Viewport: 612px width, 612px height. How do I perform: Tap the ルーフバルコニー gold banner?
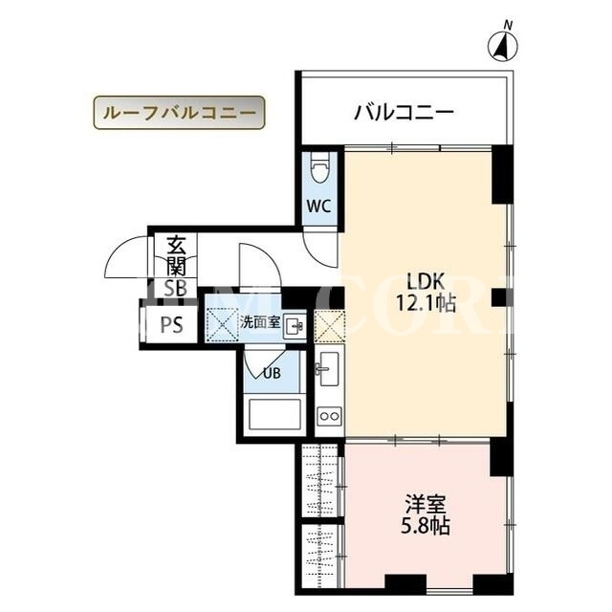tap(179, 113)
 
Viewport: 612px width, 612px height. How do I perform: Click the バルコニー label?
tap(404, 113)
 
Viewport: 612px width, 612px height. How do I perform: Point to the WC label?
tap(318, 206)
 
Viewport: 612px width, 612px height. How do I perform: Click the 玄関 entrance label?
tap(176, 255)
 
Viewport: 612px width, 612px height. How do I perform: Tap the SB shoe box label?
tap(175, 289)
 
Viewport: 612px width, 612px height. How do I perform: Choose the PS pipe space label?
tap(172, 324)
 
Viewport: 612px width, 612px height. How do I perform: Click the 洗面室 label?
tap(260, 322)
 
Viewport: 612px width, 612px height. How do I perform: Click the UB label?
tap(272, 374)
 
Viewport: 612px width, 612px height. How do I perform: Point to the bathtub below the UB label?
tap(274, 414)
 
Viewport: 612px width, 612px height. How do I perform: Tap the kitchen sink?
tap(329, 368)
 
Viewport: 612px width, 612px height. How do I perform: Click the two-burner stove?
tap(329, 416)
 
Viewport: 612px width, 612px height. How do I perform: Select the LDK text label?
tap(426, 281)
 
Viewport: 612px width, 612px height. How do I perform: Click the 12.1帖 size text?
tap(426, 302)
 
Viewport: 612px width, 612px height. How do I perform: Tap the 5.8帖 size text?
tap(426, 526)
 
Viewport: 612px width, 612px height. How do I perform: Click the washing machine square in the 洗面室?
tap(222, 324)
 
